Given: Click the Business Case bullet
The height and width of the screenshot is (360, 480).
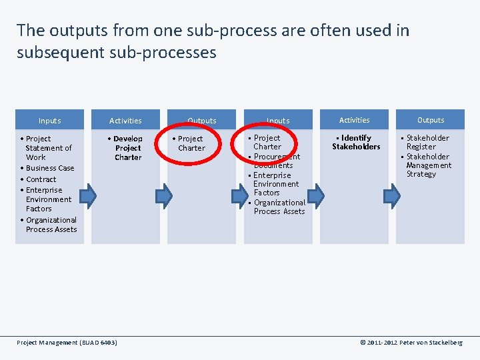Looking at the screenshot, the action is coord(50,168).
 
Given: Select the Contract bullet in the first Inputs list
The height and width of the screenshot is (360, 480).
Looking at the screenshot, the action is coord(41,179).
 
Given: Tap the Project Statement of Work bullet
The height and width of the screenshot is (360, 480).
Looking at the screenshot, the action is coord(48,148).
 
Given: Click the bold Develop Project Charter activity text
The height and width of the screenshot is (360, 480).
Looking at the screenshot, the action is coord(127,148).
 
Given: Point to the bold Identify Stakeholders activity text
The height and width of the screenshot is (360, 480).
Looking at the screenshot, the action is coord(356,142).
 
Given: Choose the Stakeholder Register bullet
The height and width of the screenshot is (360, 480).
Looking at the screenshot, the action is coord(427,142).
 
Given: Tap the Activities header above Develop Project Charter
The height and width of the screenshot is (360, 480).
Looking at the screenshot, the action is coord(125,121).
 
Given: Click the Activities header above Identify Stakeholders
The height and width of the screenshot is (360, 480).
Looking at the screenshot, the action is coord(354,120).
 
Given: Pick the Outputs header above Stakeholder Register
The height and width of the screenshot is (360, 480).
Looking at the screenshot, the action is coord(431,120).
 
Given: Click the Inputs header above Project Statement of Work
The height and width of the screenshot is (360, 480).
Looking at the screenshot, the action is coord(49,121).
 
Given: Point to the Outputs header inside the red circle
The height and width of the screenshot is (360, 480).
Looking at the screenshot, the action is coord(202,121).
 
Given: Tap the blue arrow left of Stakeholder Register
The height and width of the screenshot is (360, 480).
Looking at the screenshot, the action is coord(393,195).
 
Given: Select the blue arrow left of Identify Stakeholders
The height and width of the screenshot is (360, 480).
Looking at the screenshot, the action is coord(317,195).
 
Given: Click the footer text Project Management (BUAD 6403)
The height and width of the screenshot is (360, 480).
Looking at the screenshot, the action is coord(67,343).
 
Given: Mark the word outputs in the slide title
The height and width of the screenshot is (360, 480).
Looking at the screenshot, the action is coord(73,31).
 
